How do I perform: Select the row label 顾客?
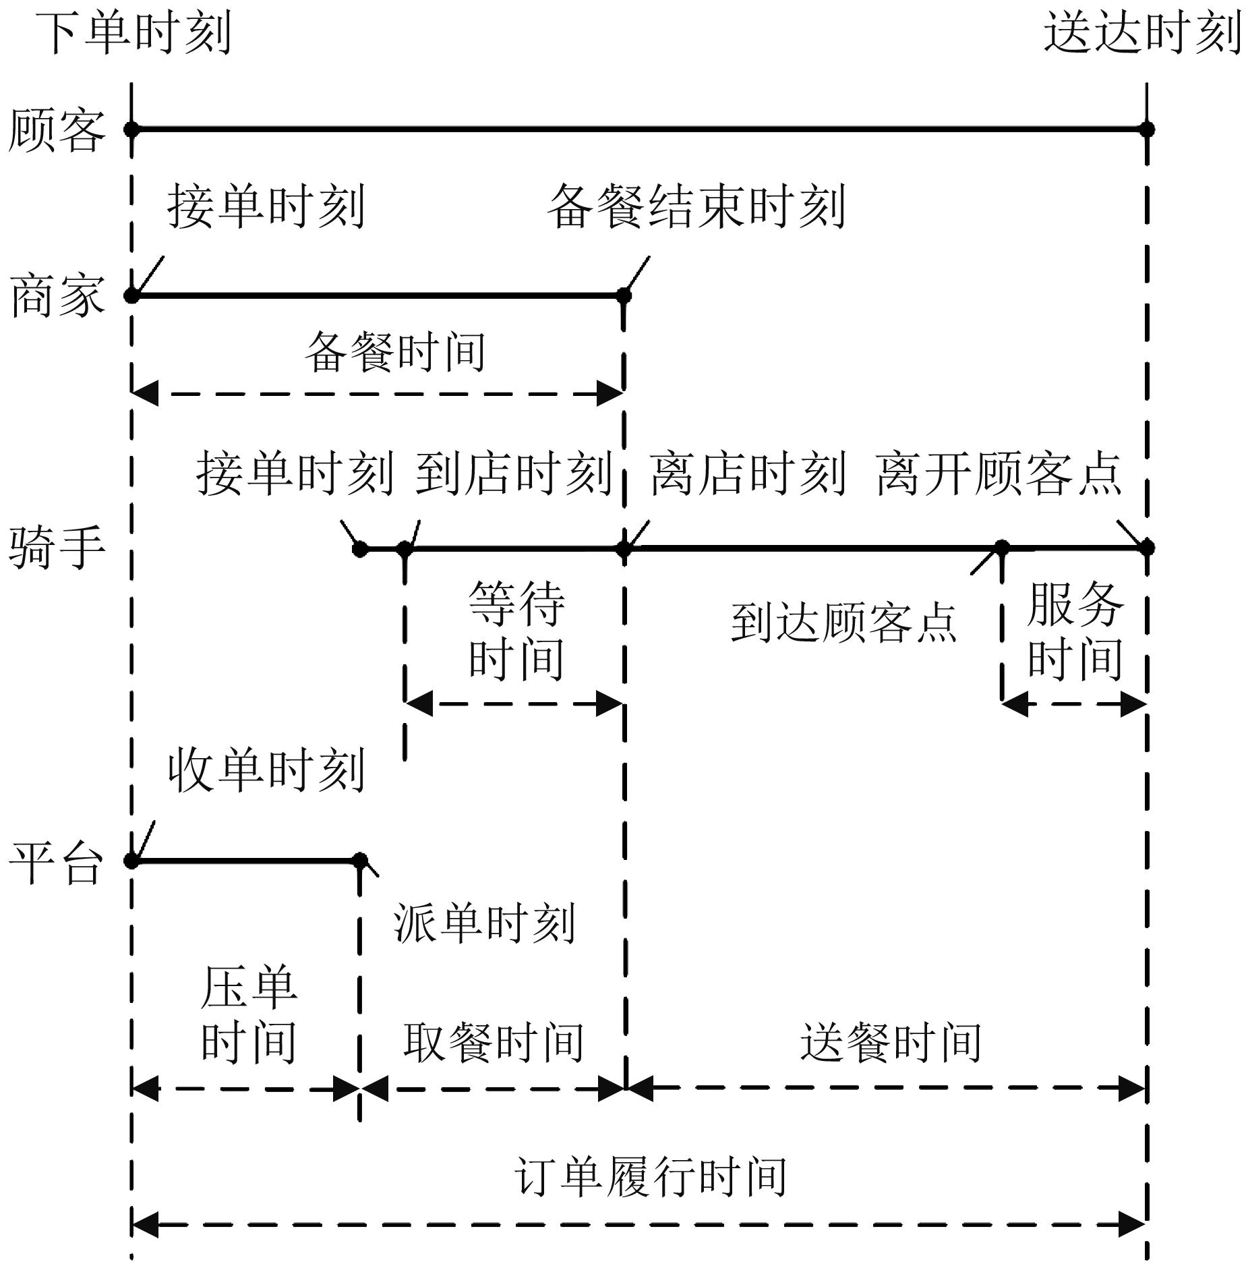[x=57, y=130]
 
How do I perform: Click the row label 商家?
[x=57, y=295]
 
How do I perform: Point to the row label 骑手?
[x=57, y=548]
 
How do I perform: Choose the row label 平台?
[x=57, y=862]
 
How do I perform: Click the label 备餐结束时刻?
[x=696, y=206]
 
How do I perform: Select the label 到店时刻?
[x=513, y=473]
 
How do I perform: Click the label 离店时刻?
[x=748, y=473]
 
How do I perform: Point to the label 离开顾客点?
[x=999, y=473]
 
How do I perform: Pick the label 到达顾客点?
[x=844, y=622]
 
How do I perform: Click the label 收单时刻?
[x=266, y=770]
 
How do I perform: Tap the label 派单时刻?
[x=485, y=923]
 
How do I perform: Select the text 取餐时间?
[x=494, y=1042]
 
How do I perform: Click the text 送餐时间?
[x=891, y=1042]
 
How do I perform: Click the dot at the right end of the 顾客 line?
[x=1147, y=129]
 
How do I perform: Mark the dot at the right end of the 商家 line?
[x=624, y=295]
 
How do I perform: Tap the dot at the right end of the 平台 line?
[x=360, y=861]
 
